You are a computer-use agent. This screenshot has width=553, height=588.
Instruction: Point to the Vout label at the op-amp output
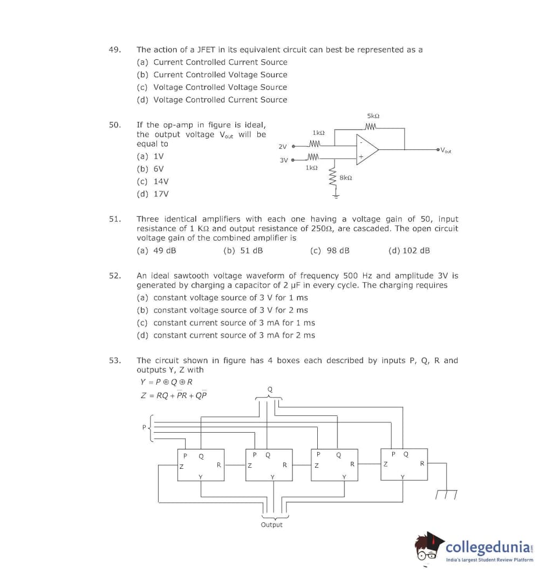[x=446, y=151]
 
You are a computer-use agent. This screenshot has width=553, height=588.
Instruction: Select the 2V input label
[x=283, y=146]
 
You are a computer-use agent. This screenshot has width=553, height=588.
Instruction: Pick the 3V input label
[x=284, y=160]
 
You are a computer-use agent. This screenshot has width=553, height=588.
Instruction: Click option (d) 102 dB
[x=409, y=250]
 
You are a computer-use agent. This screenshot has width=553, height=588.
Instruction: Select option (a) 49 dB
[x=156, y=250]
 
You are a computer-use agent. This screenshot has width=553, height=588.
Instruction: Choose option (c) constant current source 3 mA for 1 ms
[x=226, y=323]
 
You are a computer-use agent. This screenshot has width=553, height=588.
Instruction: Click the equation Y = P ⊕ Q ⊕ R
[x=166, y=382]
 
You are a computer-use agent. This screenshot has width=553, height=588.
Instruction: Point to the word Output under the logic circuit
[x=271, y=525]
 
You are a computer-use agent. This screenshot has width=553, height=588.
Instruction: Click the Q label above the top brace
[x=270, y=389]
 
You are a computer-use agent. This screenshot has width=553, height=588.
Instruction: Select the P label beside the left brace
[x=144, y=427]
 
